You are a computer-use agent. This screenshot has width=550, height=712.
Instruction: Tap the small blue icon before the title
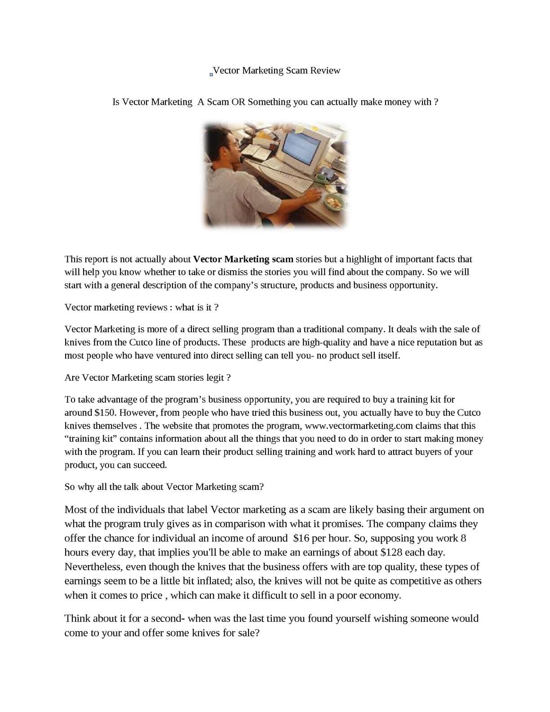click(211, 74)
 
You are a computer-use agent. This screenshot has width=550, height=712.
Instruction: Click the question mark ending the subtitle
click(436, 102)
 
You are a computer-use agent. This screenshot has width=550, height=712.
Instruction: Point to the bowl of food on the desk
click(334, 202)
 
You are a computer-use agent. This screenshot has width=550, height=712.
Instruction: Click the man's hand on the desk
click(313, 196)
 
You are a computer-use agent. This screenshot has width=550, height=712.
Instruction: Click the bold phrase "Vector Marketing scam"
click(243, 259)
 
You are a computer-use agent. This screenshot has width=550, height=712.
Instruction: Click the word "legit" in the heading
click(215, 378)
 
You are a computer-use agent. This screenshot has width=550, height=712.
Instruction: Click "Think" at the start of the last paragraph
click(77, 619)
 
